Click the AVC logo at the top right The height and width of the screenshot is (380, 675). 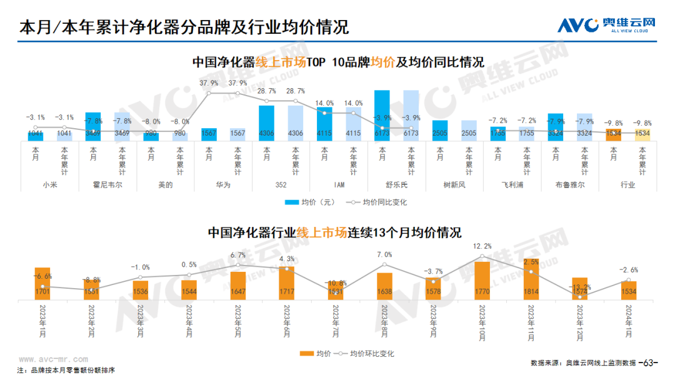point(606,25)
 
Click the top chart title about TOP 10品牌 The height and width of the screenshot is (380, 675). point(337,62)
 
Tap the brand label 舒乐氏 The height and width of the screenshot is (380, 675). point(396,185)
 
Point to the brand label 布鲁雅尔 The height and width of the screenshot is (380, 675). point(569,185)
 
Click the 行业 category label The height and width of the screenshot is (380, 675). point(627,185)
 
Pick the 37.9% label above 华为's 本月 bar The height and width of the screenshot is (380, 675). point(209,83)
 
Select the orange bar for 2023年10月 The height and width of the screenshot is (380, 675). point(482,280)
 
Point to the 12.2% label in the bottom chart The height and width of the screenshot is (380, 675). point(482,246)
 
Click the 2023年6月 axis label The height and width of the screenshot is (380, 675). point(287,322)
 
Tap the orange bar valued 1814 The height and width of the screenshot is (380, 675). point(531,279)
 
